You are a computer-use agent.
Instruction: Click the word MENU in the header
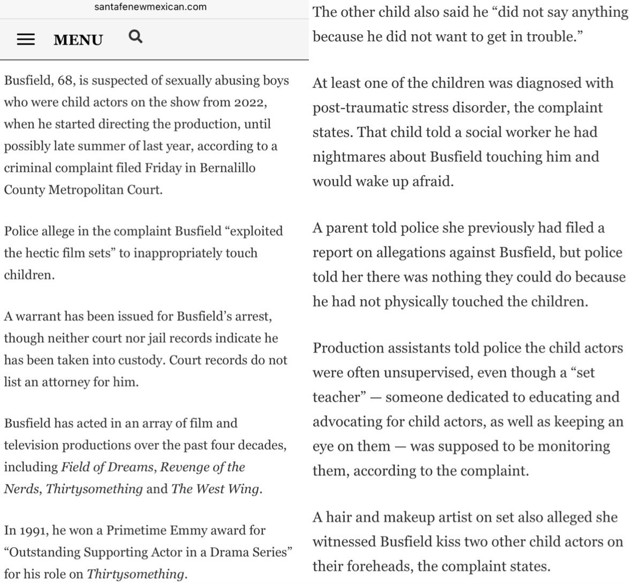[78, 40]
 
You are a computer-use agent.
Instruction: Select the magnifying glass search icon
[136, 37]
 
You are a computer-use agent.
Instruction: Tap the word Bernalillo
[227, 168]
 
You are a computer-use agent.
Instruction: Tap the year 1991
[31, 531]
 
